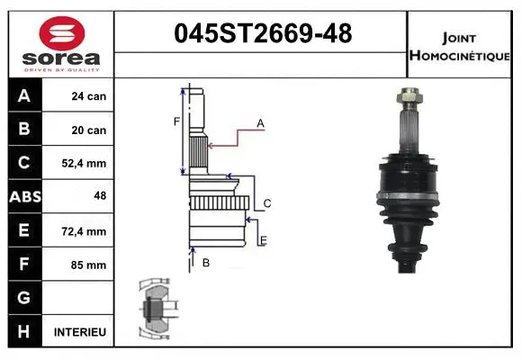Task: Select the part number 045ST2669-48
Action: (x=262, y=34)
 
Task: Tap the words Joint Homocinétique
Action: (x=462, y=45)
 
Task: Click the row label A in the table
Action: (x=23, y=96)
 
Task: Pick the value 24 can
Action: (x=89, y=96)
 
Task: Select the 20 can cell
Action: (x=89, y=130)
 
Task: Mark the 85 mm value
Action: (x=89, y=265)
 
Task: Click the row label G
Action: (x=23, y=298)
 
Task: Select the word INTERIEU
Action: (x=80, y=332)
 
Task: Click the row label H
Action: (x=23, y=332)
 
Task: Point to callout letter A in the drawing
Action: (x=260, y=122)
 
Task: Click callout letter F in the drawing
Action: (x=176, y=121)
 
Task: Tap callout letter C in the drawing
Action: (x=266, y=204)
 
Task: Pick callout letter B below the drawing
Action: (x=206, y=263)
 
